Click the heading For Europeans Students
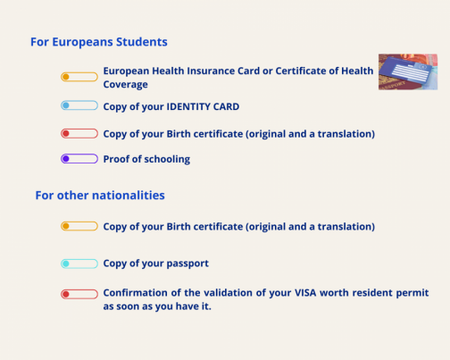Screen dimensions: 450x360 pyautogui.click(x=99, y=42)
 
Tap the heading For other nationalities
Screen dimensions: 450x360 pyautogui.click(x=100, y=196)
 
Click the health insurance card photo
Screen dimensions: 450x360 pyautogui.click(x=408, y=71)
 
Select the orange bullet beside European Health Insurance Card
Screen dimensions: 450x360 pyautogui.click(x=79, y=77)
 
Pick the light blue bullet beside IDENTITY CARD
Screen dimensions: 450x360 pyautogui.click(x=79, y=105)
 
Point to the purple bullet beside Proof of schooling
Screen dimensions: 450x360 pyautogui.click(x=79, y=159)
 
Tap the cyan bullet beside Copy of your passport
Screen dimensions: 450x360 pyautogui.click(x=79, y=264)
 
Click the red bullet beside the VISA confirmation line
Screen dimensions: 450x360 pyautogui.click(x=79, y=294)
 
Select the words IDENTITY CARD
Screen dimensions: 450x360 pyautogui.click(x=203, y=106)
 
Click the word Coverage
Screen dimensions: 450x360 pyautogui.click(x=126, y=85)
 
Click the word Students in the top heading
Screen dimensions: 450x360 pyautogui.click(x=142, y=42)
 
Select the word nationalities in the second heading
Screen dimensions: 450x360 pyautogui.click(x=129, y=196)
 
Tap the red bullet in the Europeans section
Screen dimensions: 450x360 pyautogui.click(x=79, y=134)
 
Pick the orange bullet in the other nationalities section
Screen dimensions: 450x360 pyautogui.click(x=79, y=226)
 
